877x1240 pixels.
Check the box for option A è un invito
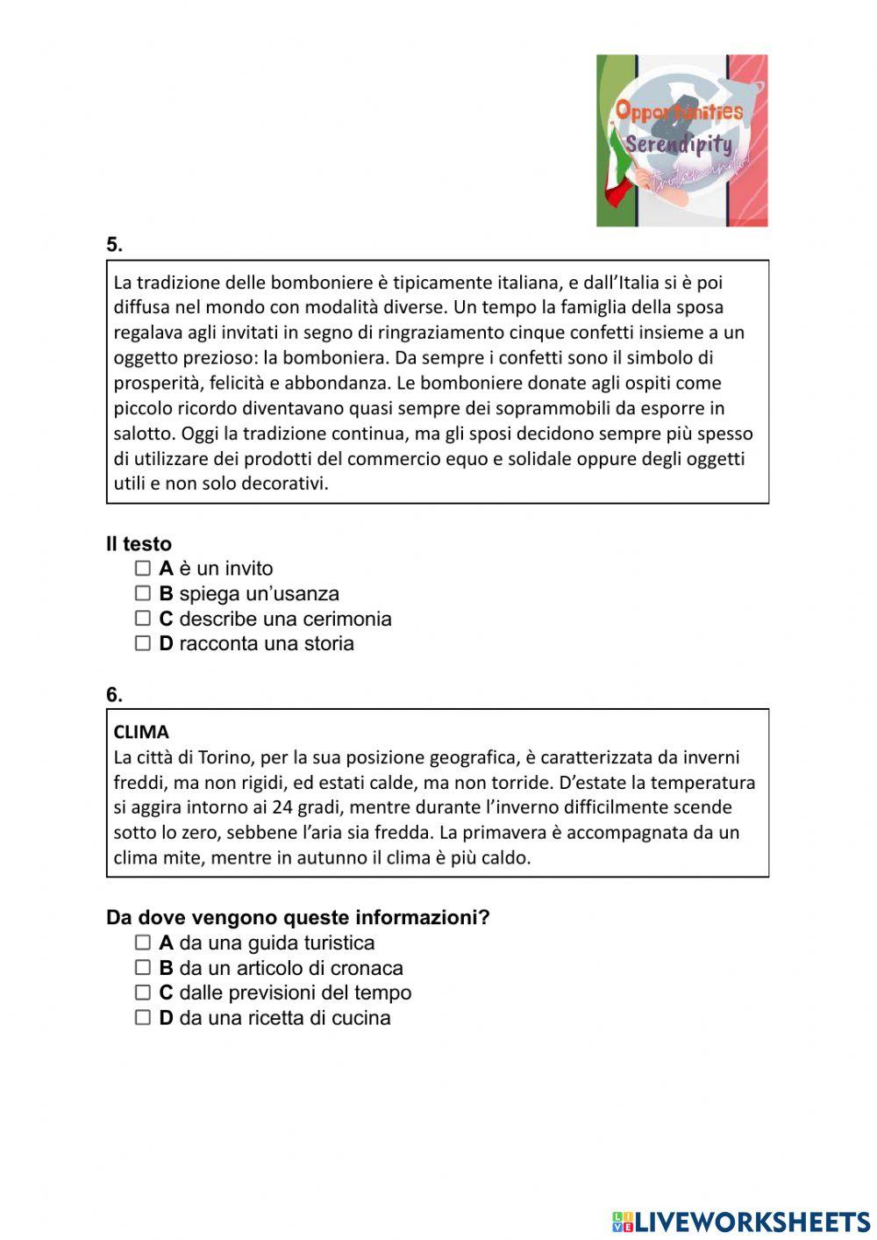click(143, 568)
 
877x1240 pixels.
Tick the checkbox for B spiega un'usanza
click(143, 593)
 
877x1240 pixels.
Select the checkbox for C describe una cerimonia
click(143, 618)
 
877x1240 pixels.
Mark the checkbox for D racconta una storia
click(143, 643)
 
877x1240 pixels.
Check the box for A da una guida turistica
click(143, 943)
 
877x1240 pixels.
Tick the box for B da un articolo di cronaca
click(143, 967)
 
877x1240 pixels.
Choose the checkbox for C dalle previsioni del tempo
click(143, 993)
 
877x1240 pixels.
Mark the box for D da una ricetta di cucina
click(143, 1018)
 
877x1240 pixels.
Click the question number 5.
click(114, 245)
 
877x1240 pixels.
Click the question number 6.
click(114, 694)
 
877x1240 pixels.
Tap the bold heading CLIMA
click(141, 732)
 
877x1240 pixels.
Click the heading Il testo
click(139, 544)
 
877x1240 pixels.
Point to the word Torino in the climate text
click(224, 757)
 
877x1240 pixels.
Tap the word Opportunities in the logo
click(679, 111)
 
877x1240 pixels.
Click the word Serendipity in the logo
click(678, 144)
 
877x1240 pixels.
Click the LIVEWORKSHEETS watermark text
click(752, 1222)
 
